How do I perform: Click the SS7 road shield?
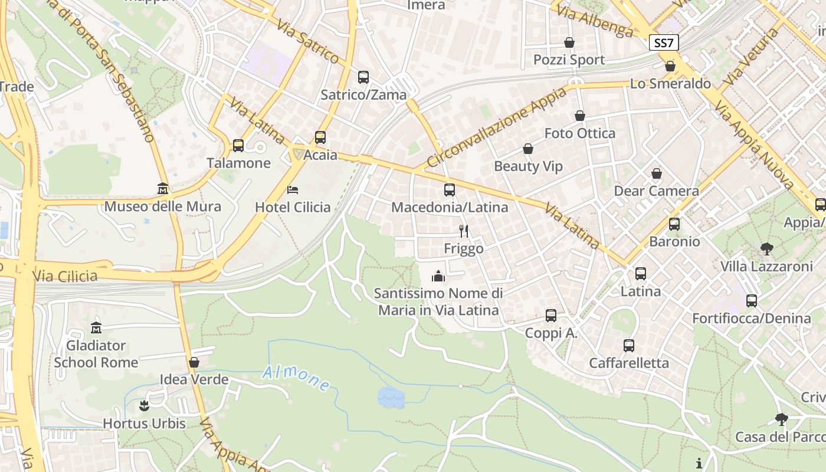pos(664,42)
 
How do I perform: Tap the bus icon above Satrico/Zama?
pos(363,77)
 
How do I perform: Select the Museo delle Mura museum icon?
pos(163,189)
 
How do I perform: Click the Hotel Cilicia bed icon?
pos(293,189)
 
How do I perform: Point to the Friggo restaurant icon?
pos(464,231)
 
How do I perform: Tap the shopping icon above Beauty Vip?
pos(528,149)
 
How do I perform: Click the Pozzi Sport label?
pos(569,60)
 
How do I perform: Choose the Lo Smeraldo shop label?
pos(670,84)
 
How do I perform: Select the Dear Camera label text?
pos(656,191)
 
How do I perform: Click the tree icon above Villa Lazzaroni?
pos(766,248)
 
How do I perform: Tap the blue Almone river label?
pos(296,378)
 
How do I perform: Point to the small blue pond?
pos(391,397)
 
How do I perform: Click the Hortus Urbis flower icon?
pos(144,406)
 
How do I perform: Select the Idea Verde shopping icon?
pos(194,362)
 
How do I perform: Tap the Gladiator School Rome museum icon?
pos(96,327)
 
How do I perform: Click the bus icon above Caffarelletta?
pos(629,345)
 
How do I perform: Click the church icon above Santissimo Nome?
pos(438,276)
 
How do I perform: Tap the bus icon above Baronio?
pos(674,224)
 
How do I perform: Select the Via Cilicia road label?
pos(65,276)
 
